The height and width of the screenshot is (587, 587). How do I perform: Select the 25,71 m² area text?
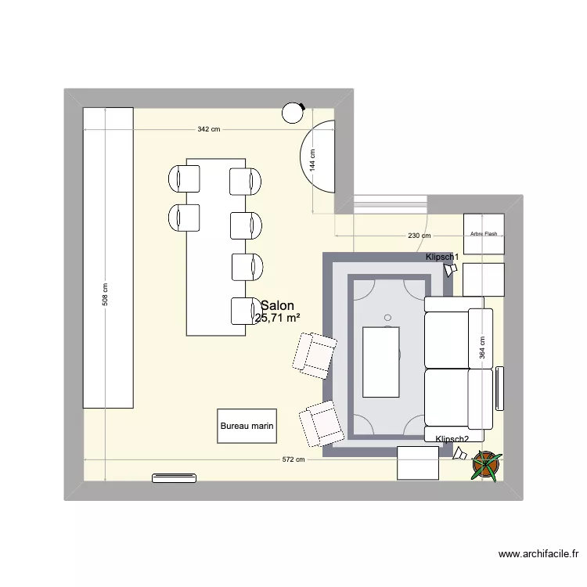(277, 318)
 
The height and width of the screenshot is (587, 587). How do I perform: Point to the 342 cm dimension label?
(209, 129)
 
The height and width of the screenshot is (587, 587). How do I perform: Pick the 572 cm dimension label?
(293, 460)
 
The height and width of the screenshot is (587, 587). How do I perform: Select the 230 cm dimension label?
(420, 236)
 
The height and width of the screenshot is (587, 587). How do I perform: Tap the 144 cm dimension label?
(312, 160)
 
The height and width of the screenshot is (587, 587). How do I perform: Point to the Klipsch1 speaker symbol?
(449, 270)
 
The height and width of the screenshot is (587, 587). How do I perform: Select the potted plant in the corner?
(486, 465)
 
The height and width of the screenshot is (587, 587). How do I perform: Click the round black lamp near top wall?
(293, 113)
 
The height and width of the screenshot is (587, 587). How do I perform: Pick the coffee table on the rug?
(381, 362)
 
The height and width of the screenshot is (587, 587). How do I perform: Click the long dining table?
(216, 247)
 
